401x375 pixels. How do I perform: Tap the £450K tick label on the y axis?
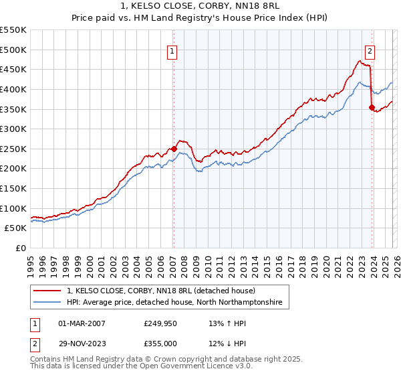[x=13, y=69]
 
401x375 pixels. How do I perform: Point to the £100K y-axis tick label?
[x=13, y=208]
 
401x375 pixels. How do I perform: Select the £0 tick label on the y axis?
[x=20, y=248]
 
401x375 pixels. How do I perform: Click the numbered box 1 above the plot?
[x=172, y=50]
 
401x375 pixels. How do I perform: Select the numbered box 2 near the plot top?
[x=370, y=50]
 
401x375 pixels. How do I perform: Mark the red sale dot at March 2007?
[x=174, y=149]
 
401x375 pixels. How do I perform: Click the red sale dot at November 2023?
[x=372, y=106]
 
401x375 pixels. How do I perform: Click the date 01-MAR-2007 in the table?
[x=82, y=323]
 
